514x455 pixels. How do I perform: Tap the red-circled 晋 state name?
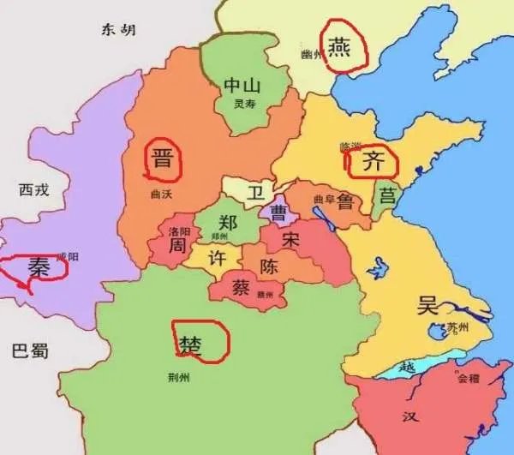161,160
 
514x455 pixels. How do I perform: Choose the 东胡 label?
119,31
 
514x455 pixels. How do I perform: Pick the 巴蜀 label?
30,350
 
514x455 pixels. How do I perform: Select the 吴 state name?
426,305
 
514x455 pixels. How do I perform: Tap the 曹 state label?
278,211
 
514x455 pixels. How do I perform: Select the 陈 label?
269,266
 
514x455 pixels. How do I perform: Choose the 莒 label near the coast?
388,195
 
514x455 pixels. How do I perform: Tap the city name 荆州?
180,376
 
